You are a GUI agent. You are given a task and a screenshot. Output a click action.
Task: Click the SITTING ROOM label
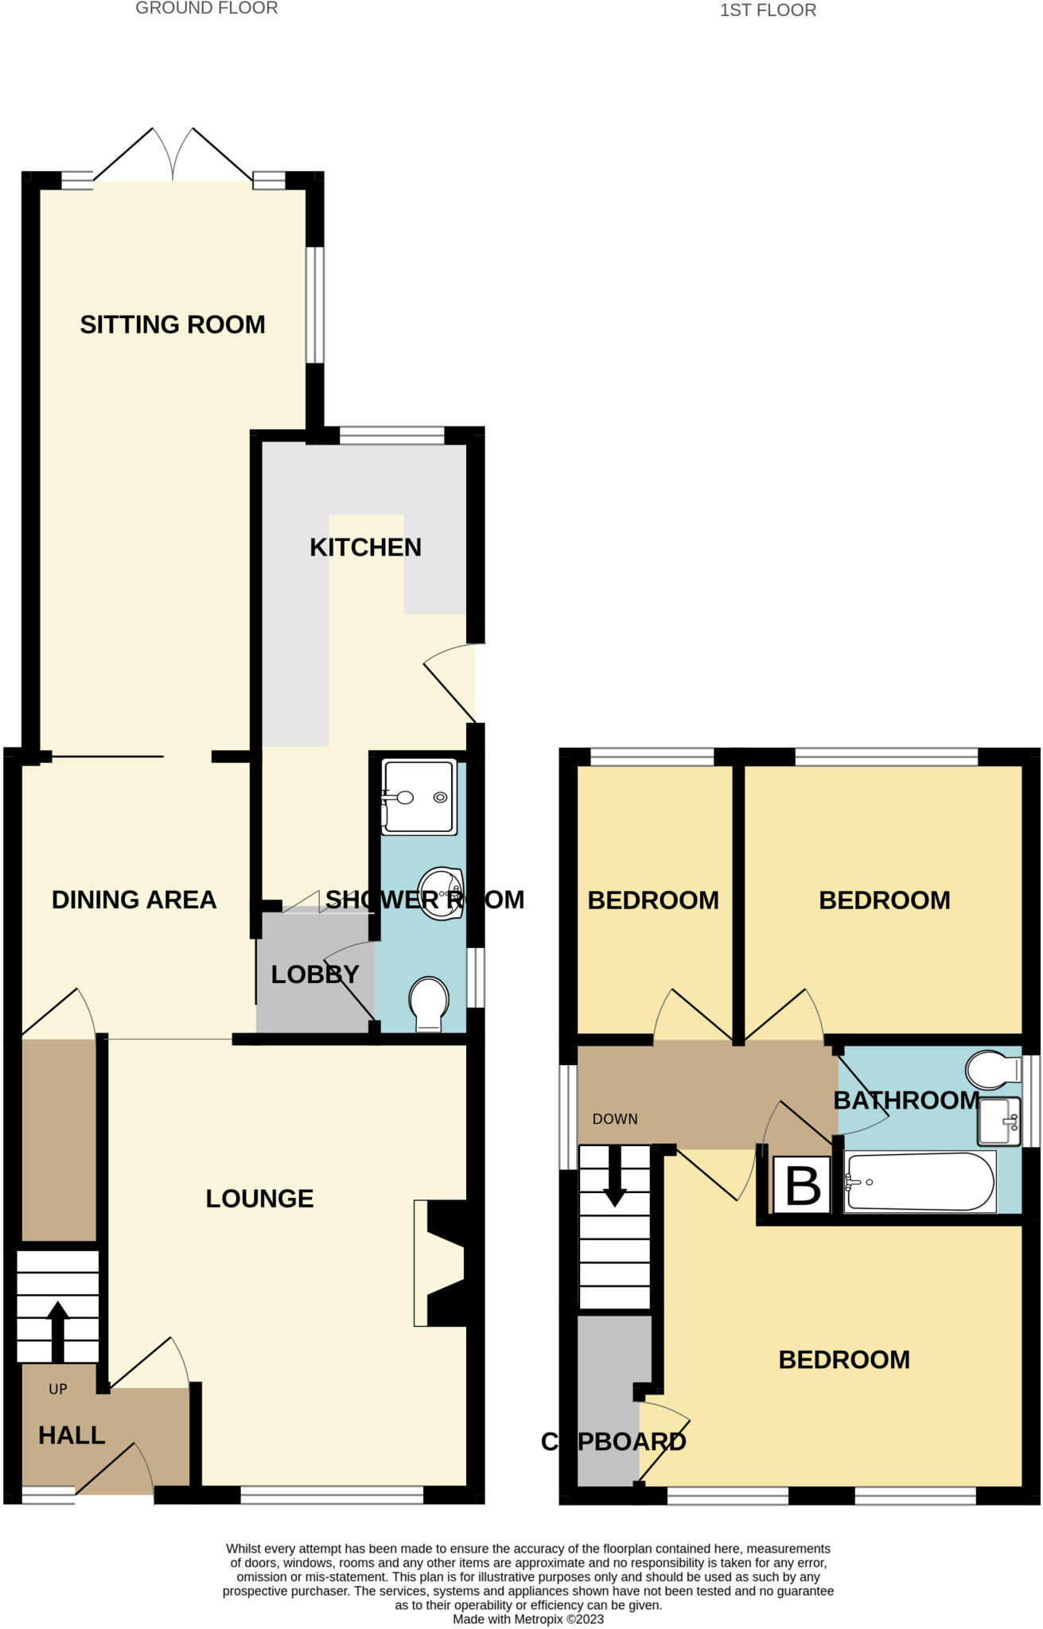point(173,325)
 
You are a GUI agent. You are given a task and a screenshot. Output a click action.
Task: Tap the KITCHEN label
point(365,547)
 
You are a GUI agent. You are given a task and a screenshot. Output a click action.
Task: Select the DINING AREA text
point(134,900)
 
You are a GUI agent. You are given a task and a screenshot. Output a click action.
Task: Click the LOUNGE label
point(259,1199)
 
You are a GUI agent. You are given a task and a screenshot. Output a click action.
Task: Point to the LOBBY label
point(315,974)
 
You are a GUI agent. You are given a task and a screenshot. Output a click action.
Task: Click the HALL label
point(72,1435)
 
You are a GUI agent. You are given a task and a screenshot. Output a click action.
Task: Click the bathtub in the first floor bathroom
point(919,1182)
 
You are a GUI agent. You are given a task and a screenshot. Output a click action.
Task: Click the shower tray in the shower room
point(419,797)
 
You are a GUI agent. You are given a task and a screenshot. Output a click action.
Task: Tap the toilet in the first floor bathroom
point(991,1070)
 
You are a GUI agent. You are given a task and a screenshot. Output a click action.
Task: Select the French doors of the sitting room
point(173,155)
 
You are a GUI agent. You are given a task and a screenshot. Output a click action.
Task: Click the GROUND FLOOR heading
point(206,9)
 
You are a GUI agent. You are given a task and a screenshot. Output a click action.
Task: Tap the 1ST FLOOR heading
point(768,10)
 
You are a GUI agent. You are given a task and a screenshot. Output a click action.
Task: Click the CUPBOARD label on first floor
point(613,1441)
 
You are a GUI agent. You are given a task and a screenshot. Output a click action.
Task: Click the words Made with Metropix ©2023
point(528,1619)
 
